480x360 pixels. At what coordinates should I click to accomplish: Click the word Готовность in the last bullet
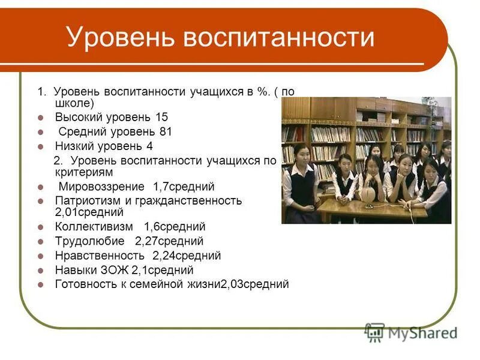pos(84,284)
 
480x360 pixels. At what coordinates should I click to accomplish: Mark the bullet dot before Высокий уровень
pos(40,117)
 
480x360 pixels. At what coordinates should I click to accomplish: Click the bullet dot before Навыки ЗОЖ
pos(40,271)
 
